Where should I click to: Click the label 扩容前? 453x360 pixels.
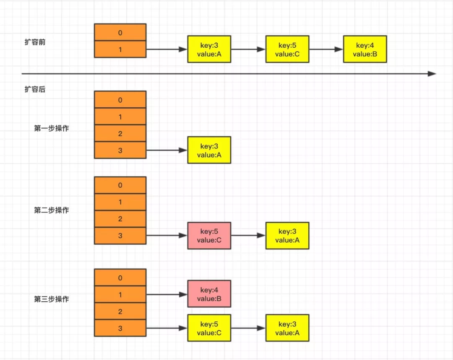(35, 42)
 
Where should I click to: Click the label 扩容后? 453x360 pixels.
(35, 89)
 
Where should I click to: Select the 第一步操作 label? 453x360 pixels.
(52, 128)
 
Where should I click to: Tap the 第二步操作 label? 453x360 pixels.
(52, 210)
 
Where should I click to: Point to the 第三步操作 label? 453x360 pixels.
(52, 299)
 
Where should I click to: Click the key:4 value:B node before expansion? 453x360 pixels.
(365, 49)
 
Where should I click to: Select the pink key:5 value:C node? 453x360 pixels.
(209, 236)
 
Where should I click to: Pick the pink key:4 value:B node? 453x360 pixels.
(209, 294)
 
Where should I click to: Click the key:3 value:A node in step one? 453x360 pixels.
(209, 150)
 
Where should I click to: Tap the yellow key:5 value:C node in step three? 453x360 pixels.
(209, 328)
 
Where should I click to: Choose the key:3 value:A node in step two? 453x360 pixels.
(287, 236)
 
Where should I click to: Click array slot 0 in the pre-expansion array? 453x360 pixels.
(120, 32)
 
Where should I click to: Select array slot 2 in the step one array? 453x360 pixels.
(120, 133)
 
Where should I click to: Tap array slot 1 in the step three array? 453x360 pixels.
(120, 295)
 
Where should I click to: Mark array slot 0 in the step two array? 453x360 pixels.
(120, 185)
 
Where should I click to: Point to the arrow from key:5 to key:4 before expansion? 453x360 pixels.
(326, 49)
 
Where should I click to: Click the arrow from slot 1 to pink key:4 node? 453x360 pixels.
(167, 295)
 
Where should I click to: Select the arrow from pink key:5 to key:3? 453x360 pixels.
(248, 236)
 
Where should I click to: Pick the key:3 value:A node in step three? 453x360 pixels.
(287, 328)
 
